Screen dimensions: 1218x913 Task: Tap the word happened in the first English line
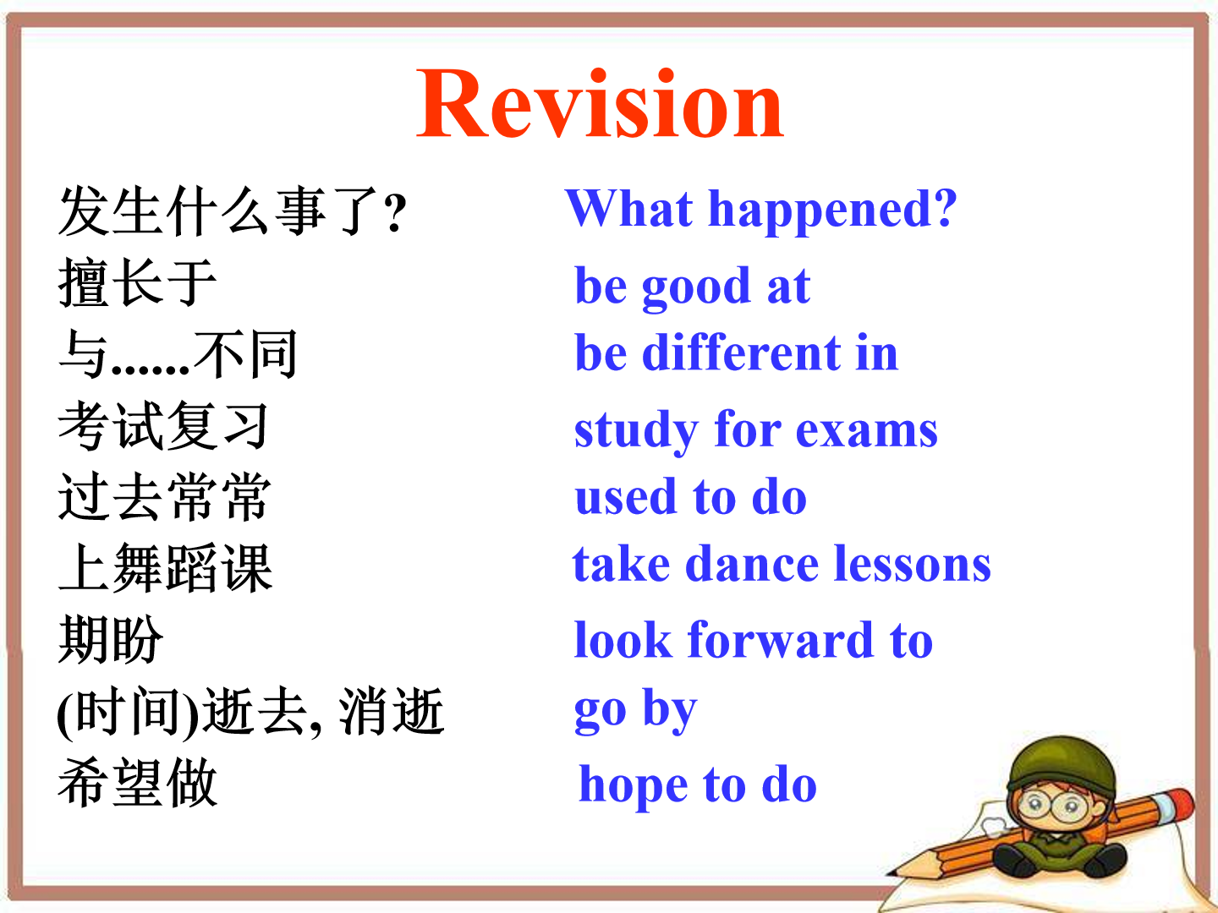(832, 211)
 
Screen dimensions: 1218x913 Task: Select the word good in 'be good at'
(696, 288)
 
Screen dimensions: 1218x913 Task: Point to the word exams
(866, 430)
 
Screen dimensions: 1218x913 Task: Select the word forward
(782, 639)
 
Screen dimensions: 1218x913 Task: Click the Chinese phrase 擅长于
(137, 282)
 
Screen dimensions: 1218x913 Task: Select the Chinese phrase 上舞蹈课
(165, 567)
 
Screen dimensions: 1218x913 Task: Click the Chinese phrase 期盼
(111, 639)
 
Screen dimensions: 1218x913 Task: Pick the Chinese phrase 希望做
(138, 782)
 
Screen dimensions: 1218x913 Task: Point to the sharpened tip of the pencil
(890, 874)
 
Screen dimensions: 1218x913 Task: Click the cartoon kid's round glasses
(1053, 806)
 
